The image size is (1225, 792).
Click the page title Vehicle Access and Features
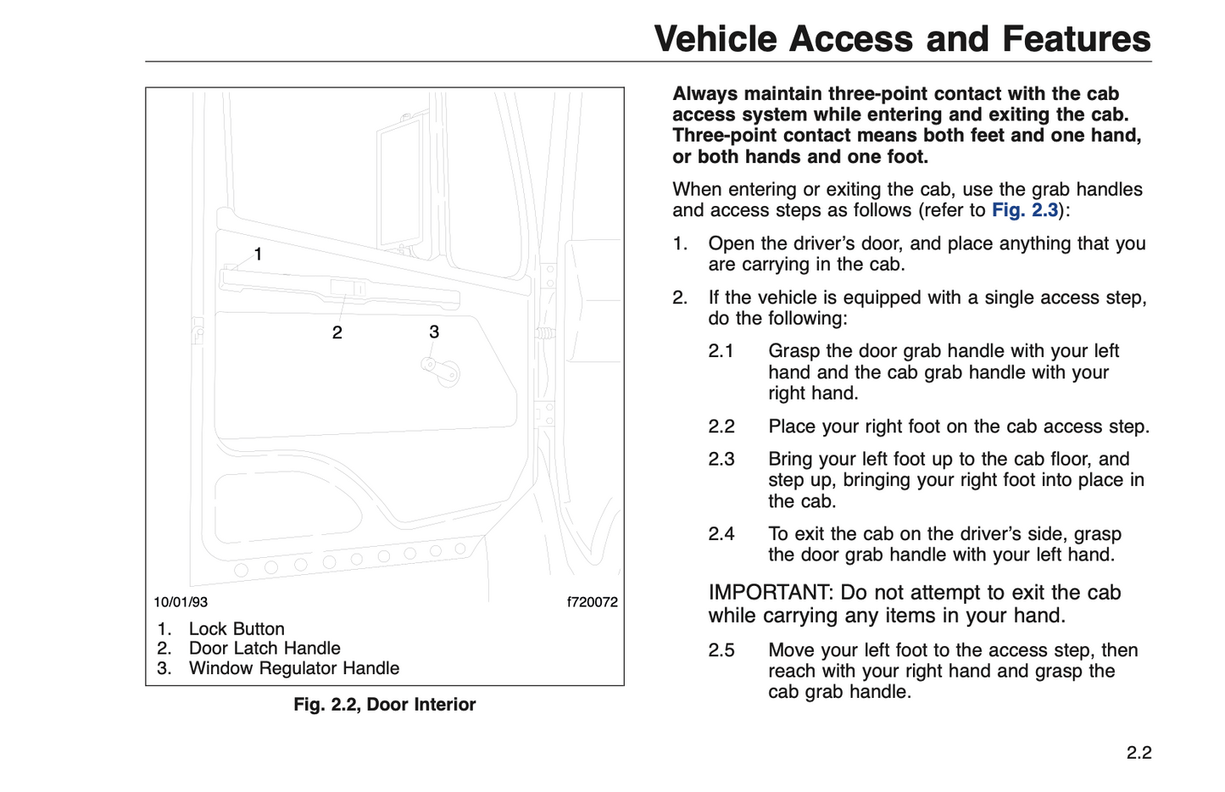click(x=902, y=39)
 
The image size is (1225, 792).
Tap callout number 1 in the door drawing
click(x=258, y=254)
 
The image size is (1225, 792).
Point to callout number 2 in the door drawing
click(x=337, y=333)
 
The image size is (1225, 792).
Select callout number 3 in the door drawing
click(x=434, y=332)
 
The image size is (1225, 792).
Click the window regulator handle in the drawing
click(x=442, y=370)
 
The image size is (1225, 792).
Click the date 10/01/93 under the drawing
click(x=181, y=602)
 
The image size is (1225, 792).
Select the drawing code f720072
click(x=592, y=602)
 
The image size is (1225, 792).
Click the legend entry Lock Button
click(x=237, y=629)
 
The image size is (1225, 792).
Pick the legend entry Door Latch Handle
click(x=264, y=649)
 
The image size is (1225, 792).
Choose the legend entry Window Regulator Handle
click(x=294, y=668)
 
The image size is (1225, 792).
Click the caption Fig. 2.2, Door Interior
click(x=385, y=705)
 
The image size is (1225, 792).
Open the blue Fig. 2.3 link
click(x=1025, y=210)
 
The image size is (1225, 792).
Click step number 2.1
click(x=721, y=351)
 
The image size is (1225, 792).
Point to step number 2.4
click(x=721, y=534)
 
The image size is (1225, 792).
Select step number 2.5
click(x=721, y=650)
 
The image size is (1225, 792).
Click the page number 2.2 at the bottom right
click(x=1139, y=753)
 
